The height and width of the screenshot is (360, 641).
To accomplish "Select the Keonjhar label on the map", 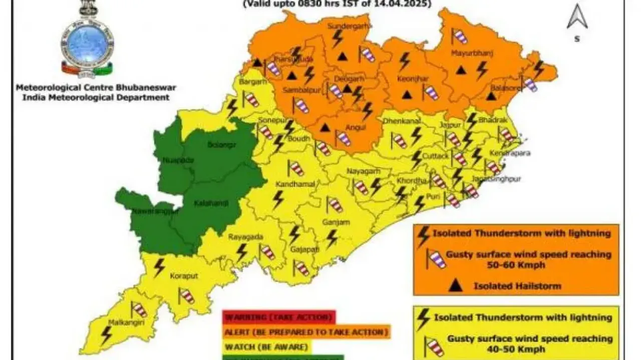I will click(x=401, y=79).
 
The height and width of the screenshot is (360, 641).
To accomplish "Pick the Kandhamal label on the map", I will click(x=299, y=184).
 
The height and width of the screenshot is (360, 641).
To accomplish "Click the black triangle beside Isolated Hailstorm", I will click(x=455, y=286).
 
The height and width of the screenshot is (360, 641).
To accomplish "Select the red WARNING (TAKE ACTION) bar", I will click(x=278, y=317).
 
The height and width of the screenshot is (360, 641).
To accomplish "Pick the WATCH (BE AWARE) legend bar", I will click(x=266, y=345).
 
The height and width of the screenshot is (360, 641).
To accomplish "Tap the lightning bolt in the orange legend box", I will click(x=424, y=233).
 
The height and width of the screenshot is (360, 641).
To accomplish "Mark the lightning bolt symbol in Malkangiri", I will click(x=106, y=334).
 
